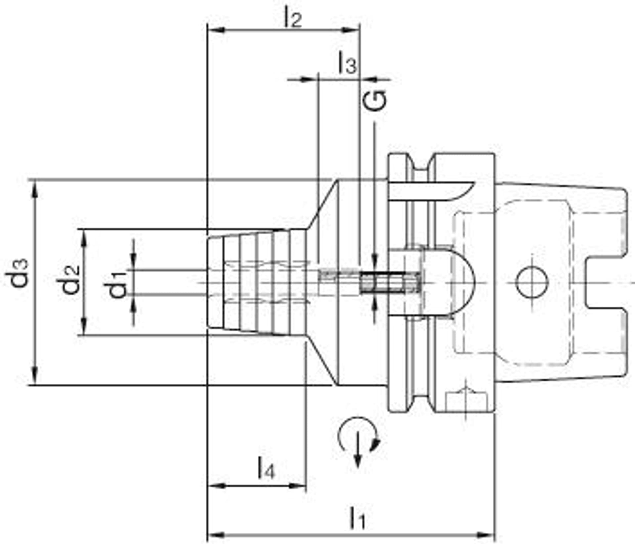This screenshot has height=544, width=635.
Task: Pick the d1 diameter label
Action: point(118,283)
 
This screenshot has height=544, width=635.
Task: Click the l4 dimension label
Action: point(266,468)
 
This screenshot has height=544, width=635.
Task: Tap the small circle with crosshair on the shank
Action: point(532,283)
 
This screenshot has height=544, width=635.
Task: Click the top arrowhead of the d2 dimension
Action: point(85,237)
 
